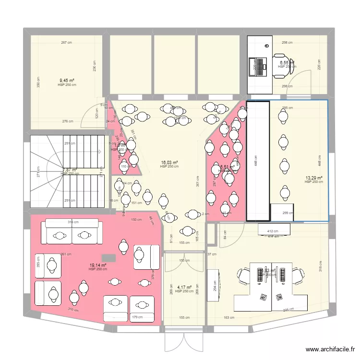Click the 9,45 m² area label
[67, 81]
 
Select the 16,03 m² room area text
[169, 163]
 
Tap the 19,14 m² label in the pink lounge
[97, 265]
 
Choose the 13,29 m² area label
[313, 178]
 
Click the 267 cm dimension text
[66, 43]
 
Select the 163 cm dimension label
[229, 317]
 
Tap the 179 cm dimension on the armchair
[137, 317]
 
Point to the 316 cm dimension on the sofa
[72, 222]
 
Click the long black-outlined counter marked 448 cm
[258, 161]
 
